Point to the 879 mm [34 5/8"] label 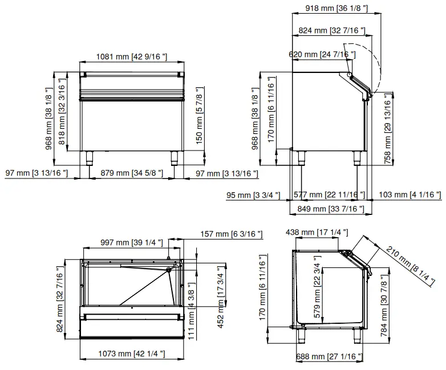click(x=131, y=172)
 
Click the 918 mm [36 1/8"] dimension click(x=331, y=9)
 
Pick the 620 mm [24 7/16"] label click(x=322, y=54)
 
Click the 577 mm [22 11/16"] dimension click(x=329, y=195)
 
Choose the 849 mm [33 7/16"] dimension click(x=327, y=209)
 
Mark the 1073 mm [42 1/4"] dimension click(x=131, y=354)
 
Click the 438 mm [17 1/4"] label click(x=309, y=232)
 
